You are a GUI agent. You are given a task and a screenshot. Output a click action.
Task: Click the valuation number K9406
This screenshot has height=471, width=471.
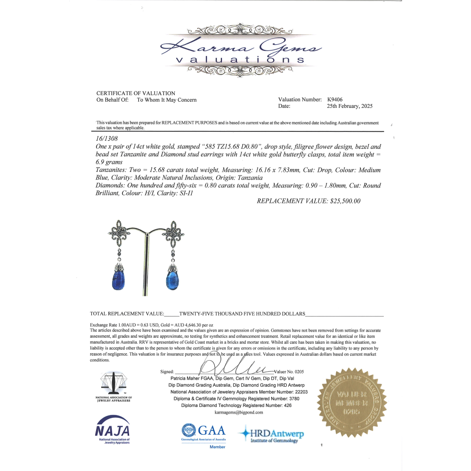tap(335, 100)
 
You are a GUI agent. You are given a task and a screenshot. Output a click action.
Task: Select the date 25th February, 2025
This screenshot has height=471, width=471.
tap(349, 106)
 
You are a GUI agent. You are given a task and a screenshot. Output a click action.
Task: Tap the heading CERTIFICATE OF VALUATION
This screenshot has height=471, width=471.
tap(136, 93)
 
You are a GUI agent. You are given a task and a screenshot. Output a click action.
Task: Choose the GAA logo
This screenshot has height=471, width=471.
tap(203, 431)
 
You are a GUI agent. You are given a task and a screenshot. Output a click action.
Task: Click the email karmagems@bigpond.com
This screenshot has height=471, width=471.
tap(239, 412)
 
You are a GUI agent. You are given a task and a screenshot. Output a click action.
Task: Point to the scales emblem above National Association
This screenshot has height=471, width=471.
tap(114, 383)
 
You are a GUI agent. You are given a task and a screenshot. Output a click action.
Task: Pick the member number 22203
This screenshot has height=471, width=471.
tap(300, 392)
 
